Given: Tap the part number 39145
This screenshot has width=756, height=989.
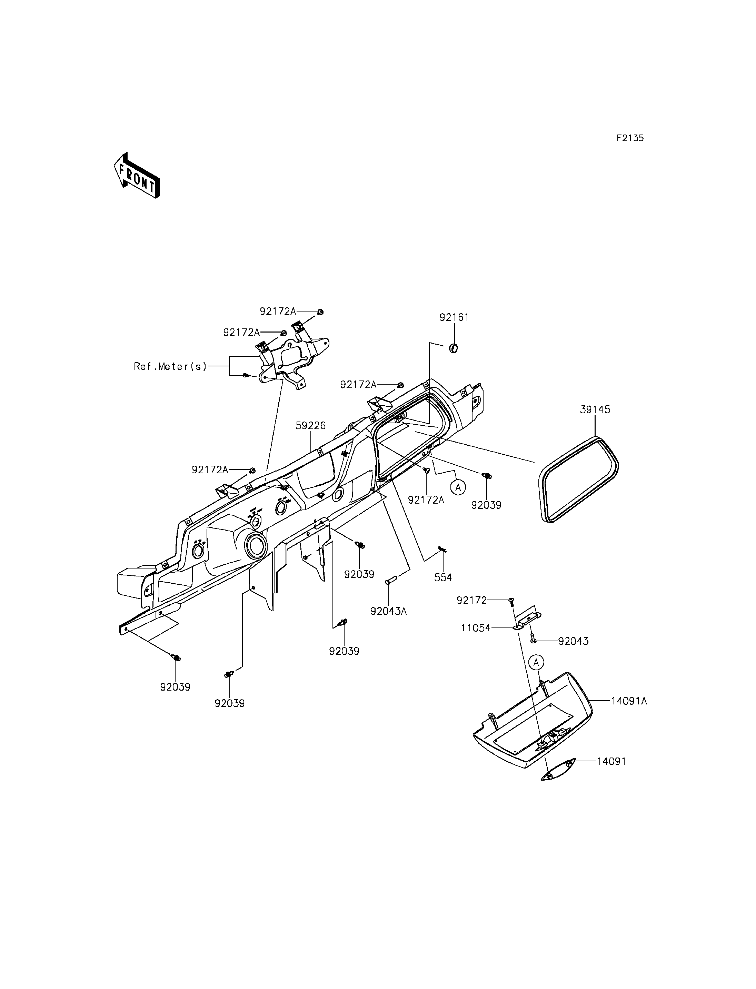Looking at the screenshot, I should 595,410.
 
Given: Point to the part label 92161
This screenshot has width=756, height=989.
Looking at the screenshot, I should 454,317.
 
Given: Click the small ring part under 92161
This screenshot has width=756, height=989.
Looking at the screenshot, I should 454,348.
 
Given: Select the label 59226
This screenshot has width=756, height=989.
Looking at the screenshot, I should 310,425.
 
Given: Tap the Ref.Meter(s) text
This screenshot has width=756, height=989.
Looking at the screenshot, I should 170,366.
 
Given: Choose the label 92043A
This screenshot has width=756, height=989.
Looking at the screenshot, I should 388,611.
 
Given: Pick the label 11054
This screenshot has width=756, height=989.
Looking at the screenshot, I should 475,628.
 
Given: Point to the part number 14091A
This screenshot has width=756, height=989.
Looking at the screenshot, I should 629,701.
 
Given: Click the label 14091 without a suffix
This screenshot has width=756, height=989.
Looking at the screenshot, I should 611,761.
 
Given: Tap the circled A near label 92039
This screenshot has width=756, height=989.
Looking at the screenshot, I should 458,487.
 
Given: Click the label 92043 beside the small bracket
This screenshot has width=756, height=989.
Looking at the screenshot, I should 573,641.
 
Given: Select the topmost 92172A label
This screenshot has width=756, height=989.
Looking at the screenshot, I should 278,311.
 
